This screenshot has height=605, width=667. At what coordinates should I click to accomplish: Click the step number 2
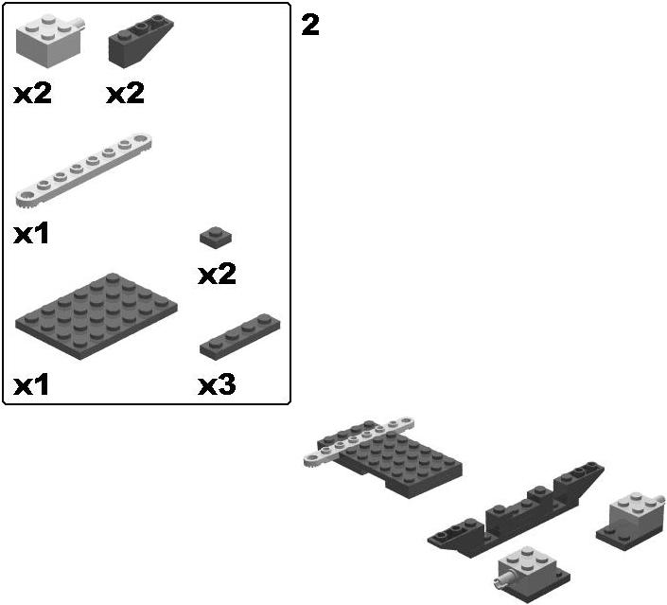pyautogui.click(x=310, y=26)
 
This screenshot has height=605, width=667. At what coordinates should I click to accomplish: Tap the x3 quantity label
pyautogui.click(x=217, y=385)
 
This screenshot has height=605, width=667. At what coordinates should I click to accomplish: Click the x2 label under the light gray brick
pyautogui.click(x=33, y=93)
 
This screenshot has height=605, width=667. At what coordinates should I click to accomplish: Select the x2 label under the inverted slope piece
pyautogui.click(x=125, y=93)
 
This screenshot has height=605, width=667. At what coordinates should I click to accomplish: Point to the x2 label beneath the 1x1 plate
pyautogui.click(x=217, y=275)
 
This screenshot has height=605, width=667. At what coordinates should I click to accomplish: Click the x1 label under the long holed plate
pyautogui.click(x=31, y=234)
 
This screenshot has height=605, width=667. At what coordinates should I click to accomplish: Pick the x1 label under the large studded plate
pyautogui.click(x=31, y=385)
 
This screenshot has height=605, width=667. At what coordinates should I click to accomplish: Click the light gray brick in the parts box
pyautogui.click(x=49, y=41)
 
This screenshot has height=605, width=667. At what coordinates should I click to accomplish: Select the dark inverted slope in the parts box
pyautogui.click(x=141, y=41)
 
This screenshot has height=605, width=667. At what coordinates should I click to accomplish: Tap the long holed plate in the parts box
pyautogui.click(x=84, y=170)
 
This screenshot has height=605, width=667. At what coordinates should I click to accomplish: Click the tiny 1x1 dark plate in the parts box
pyautogui.click(x=216, y=237)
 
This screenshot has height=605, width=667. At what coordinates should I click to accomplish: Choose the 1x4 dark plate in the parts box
pyautogui.click(x=240, y=337)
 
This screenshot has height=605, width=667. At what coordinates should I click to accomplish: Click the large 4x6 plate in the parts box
pyautogui.click(x=97, y=316)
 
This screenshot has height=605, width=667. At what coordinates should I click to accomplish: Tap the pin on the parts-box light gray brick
pyautogui.click(x=79, y=24)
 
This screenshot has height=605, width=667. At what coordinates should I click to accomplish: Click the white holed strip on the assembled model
pyautogui.click(x=360, y=440)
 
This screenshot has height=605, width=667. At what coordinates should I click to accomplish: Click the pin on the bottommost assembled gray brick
pyautogui.click(x=503, y=579)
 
